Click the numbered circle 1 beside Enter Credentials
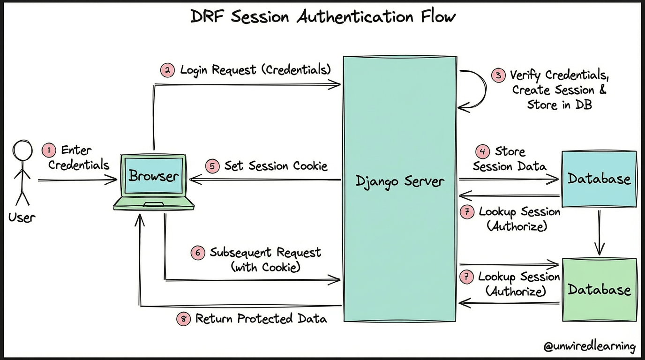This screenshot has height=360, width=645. point(49,150)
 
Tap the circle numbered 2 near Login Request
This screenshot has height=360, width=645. point(168,70)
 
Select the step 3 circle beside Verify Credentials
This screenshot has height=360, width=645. point(498,75)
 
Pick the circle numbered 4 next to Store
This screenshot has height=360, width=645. point(483,151)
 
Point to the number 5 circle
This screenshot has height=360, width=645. point(212,166)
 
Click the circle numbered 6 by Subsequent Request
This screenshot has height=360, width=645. point(198,253)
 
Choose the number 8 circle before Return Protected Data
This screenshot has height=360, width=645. point(184,319)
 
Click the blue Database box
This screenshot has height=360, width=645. point(599,179)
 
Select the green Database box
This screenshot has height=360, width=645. point(600,290)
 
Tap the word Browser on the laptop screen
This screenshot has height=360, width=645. point(153,176)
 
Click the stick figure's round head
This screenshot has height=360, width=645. point(22,150)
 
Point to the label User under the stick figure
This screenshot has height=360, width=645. point(22,217)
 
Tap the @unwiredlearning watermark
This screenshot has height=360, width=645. point(589,346)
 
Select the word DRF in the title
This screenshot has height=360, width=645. point(207,16)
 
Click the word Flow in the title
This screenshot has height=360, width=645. point(438,16)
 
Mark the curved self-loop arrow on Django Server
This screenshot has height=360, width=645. point(486,89)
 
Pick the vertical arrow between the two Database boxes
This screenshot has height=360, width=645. point(599,232)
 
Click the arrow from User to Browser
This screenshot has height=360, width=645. point(77,180)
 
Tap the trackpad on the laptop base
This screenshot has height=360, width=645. point(154,204)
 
